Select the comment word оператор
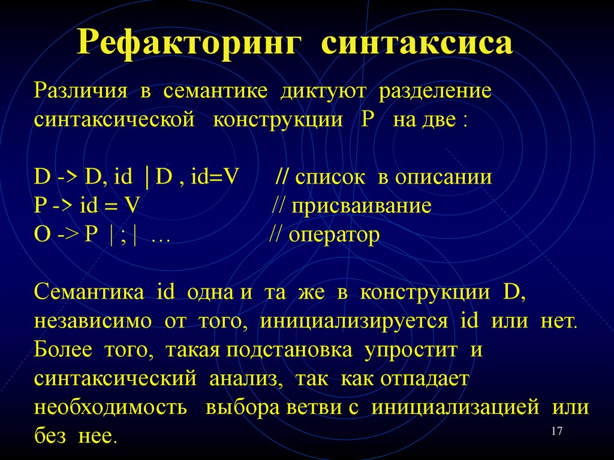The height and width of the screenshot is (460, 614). [334, 234]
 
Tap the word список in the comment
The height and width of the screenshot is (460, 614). [329, 177]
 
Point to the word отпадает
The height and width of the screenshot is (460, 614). [423, 378]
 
